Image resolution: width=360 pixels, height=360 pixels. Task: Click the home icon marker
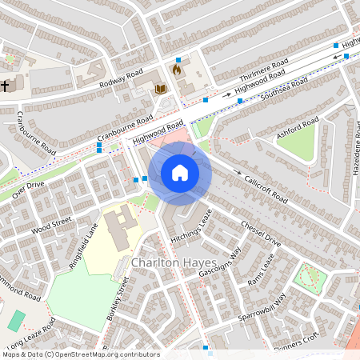180,173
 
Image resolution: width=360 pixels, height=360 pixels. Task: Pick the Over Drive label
28,190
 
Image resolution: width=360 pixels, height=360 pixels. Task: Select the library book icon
160,89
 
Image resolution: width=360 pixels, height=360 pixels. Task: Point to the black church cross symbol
5,85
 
